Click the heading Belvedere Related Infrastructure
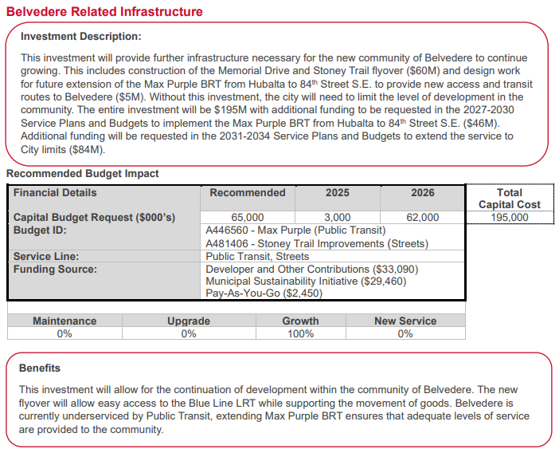click(x=104, y=12)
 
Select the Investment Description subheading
click(x=80, y=37)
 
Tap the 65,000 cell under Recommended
click(x=247, y=218)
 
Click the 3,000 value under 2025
click(x=337, y=218)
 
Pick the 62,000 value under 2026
click(x=422, y=218)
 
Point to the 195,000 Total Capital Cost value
click(x=510, y=217)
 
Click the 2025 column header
click(x=337, y=193)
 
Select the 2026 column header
click(x=422, y=193)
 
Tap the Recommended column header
click(x=247, y=193)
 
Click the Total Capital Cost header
click(x=510, y=199)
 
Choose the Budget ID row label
click(x=40, y=230)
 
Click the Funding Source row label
click(x=55, y=270)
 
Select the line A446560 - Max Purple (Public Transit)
click(x=295, y=230)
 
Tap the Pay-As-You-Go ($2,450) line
click(x=264, y=293)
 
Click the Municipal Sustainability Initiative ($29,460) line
click(x=306, y=282)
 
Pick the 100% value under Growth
click(x=300, y=334)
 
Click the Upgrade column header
click(x=189, y=321)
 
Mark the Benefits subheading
click(x=41, y=368)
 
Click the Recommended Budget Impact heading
click(x=83, y=174)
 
